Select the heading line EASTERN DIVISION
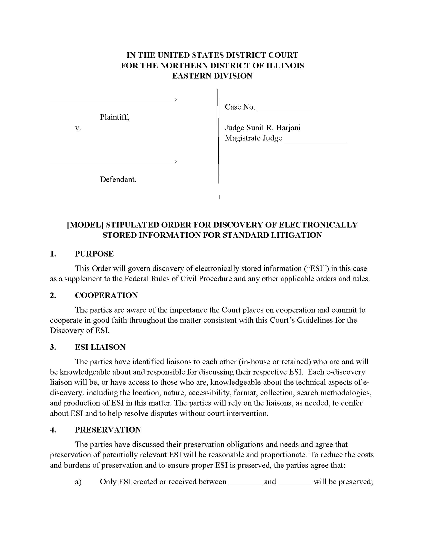pyautogui.click(x=212, y=76)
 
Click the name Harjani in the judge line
pyautogui.click(x=288, y=128)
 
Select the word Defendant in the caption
pyautogui.click(x=118, y=179)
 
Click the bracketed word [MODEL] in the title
pyautogui.click(x=85, y=225)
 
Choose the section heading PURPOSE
pyautogui.click(x=94, y=254)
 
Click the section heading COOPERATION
pyautogui.click(x=106, y=295)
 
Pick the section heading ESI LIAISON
pyautogui.click(x=100, y=347)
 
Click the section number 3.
pyautogui.click(x=52, y=347)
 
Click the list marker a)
pyautogui.click(x=78, y=482)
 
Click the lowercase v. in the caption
pyautogui.click(x=78, y=128)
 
